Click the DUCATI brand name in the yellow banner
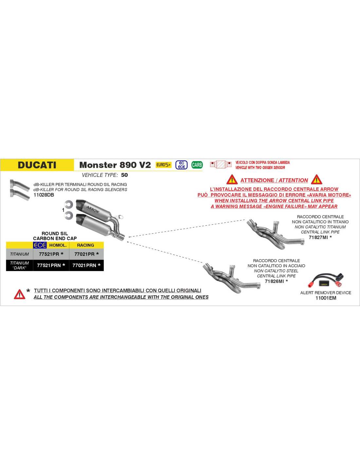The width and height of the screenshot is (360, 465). coord(37,165)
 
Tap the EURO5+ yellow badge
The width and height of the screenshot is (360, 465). coord(163,165)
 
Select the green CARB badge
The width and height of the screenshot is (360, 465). coord(197,165)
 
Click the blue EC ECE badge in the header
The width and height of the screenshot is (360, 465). coord(181,165)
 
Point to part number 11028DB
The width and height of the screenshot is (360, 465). coord(44,195)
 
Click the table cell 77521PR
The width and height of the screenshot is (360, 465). coord(51,254)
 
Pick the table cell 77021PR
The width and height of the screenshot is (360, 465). coord(86,254)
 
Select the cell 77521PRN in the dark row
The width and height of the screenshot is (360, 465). coord(51,265)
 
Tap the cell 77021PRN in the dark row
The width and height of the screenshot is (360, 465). coord(86,265)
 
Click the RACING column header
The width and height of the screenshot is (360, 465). coord(85,245)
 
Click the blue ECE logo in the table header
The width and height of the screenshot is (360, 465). coord(40,245)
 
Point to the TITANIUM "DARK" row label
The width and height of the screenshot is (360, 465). coord(20,265)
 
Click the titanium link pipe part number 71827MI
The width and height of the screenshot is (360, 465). coord(318,237)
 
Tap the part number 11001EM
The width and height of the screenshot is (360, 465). coord(326,298)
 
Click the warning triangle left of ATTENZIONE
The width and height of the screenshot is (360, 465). coord(232,180)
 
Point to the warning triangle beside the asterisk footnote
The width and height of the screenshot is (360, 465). coord(20,294)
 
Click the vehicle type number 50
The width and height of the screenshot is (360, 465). coord(124,175)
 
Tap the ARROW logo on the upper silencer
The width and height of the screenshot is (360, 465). coord(93,209)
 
